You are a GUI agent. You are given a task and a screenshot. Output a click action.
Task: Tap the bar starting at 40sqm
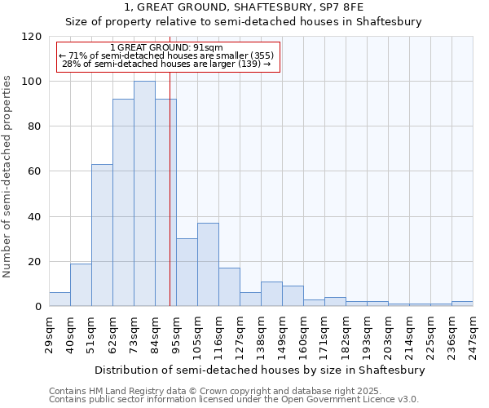[81, 285]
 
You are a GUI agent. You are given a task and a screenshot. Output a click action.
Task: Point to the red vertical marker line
[170, 204]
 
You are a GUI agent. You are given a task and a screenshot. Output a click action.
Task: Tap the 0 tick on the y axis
[38, 307]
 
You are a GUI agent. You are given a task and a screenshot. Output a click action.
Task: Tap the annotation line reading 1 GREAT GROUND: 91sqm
[166, 48]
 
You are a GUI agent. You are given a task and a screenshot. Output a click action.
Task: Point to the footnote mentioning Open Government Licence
[235, 400]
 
